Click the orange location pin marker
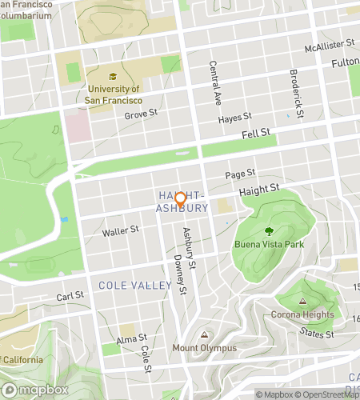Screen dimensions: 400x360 click(180, 199)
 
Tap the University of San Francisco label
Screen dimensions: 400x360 click(115, 95)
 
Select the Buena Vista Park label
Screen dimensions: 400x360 click(270, 245)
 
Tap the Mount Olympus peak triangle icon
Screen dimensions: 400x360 click(205, 335)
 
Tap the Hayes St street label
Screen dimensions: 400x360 click(235, 118)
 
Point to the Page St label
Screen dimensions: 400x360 click(240, 174)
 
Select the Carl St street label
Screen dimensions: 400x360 click(70, 296)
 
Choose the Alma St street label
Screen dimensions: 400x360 click(133, 339)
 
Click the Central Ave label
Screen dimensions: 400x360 click(214, 84)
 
